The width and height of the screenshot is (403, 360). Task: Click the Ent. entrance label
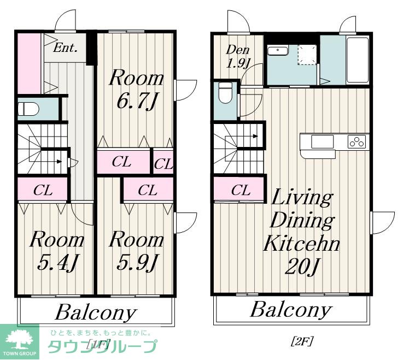point(65,48)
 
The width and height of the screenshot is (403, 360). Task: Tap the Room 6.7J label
point(137,90)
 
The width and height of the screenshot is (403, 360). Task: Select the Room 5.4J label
point(57,251)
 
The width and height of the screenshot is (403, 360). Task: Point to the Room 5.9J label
point(137,251)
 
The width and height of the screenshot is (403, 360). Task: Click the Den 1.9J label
point(238,57)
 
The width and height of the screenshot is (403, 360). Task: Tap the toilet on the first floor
point(28,109)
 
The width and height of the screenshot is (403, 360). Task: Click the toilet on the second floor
point(225,93)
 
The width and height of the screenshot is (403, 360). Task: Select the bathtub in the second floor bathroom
point(357,60)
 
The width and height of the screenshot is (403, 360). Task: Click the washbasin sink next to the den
point(278,50)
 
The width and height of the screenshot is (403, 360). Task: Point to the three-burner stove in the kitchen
point(357,141)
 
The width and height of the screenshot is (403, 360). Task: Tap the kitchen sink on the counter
point(322,141)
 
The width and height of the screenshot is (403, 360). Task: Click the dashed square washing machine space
point(307,55)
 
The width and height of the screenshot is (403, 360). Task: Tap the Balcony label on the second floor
point(291,310)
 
